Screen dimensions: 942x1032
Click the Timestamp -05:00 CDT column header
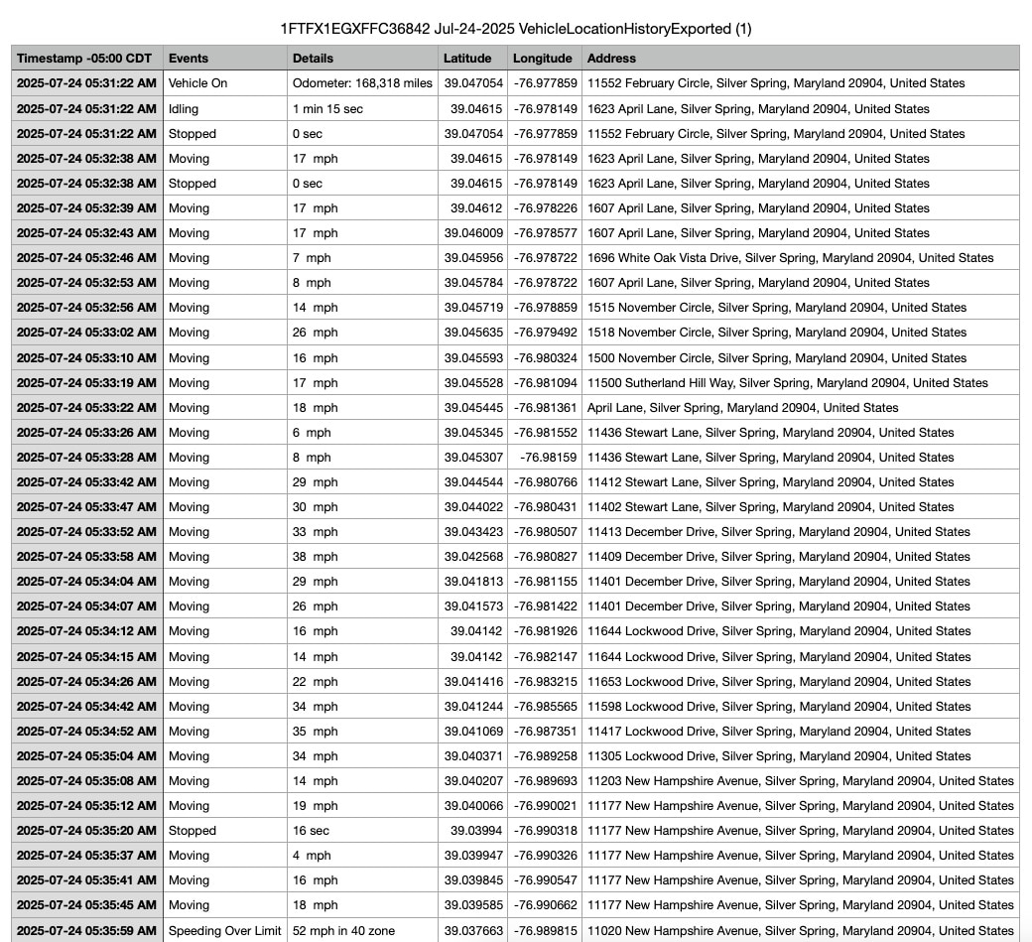click(x=84, y=59)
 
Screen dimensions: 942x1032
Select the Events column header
click(x=189, y=59)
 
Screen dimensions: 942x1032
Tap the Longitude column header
click(x=543, y=59)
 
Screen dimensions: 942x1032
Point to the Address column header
click(x=611, y=59)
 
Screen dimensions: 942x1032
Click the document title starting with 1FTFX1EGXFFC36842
click(x=516, y=29)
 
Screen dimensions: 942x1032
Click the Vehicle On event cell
click(x=198, y=83)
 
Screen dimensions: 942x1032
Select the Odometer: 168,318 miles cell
click(x=362, y=83)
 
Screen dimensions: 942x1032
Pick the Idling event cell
click(x=184, y=108)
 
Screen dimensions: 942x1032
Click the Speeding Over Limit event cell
click(x=225, y=930)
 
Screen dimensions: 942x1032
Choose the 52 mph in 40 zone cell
click(x=343, y=930)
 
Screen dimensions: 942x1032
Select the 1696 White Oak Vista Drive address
click(x=790, y=258)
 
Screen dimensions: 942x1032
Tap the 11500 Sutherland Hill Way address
click(x=787, y=383)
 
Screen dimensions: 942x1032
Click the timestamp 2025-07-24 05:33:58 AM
click(x=86, y=557)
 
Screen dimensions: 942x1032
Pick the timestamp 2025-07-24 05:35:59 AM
click(x=86, y=930)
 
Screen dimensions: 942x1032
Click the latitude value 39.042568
click(x=473, y=557)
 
